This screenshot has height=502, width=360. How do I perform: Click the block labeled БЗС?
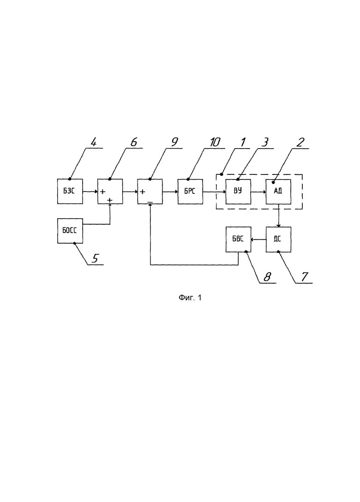pos(70,191)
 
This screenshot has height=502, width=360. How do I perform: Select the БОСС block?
pos(70,231)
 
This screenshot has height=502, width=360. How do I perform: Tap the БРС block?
pos(190,191)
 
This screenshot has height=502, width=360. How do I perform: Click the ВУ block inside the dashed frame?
pos(238,191)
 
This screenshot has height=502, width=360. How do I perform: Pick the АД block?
pos(278,191)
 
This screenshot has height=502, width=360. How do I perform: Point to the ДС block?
pos(278,239)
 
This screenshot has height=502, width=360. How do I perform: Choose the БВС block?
pos(238,239)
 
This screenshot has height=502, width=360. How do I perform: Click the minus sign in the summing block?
pos(150,202)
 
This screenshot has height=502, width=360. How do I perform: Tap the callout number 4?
pos(93,142)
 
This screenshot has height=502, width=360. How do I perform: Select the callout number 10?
pos(215,142)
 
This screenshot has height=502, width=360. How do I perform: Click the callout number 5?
pos(95,258)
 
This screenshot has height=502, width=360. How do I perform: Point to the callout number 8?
pos(267,277)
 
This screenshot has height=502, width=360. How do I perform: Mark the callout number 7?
pos(304,277)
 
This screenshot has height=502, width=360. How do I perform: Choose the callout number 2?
pos(300,142)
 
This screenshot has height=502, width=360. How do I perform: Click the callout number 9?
pos(174,142)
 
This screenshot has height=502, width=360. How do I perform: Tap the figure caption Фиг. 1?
pos(190,298)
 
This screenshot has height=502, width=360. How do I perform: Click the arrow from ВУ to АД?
pos(258,192)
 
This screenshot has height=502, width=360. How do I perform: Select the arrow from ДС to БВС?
pos(258,239)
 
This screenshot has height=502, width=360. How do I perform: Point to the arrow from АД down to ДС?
pos(279,215)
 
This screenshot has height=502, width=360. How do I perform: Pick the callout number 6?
pos(134,142)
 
